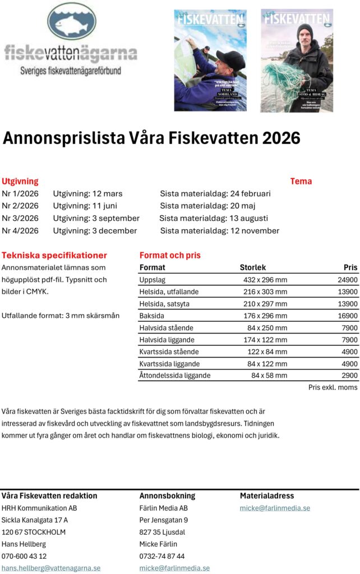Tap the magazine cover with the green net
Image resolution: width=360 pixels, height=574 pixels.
pos(297,60)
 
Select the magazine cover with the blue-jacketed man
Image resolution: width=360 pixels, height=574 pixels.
pos(210,60)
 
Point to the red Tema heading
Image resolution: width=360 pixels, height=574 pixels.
pos(301,181)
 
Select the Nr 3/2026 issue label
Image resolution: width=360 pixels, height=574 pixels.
pos(20,218)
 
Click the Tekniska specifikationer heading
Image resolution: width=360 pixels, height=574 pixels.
pos(54,255)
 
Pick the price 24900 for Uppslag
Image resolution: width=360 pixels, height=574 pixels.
pos(348,280)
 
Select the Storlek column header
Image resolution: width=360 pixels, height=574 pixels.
pos(253,267)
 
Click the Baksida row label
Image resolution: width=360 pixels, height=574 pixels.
pos(153,316)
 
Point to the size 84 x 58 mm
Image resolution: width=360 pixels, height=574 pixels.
pos(269,375)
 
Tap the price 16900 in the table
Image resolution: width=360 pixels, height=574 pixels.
pos(348,316)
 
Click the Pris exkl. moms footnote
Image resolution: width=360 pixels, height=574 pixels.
pos(333,387)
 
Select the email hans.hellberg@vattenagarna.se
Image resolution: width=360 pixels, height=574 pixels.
pos(51,568)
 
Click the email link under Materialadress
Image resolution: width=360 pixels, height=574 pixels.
pos(275,508)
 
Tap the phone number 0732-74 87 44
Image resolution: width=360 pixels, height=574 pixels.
pos(162,556)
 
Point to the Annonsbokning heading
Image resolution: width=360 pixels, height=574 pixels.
pos(167,496)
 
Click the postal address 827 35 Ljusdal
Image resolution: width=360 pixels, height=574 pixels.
pos(162,532)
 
